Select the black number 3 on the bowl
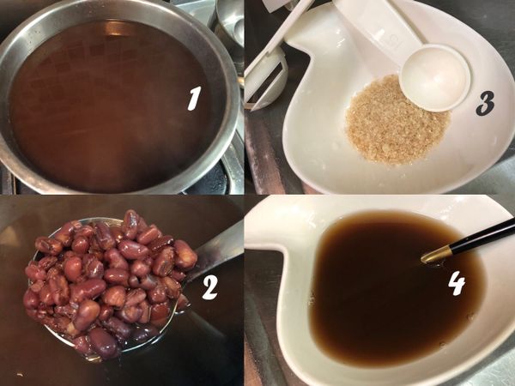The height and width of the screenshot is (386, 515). tap(485, 104)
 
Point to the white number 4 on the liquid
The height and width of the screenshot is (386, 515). tap(457, 282)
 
